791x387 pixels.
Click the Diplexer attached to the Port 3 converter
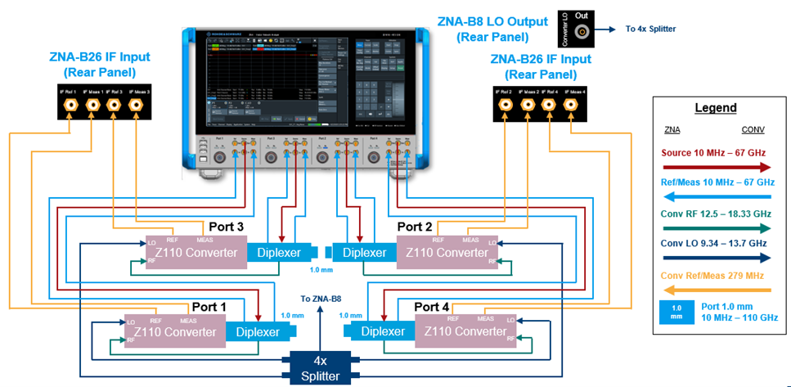click(277, 253)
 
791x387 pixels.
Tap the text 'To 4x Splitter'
click(650, 29)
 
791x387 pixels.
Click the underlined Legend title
click(716, 108)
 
